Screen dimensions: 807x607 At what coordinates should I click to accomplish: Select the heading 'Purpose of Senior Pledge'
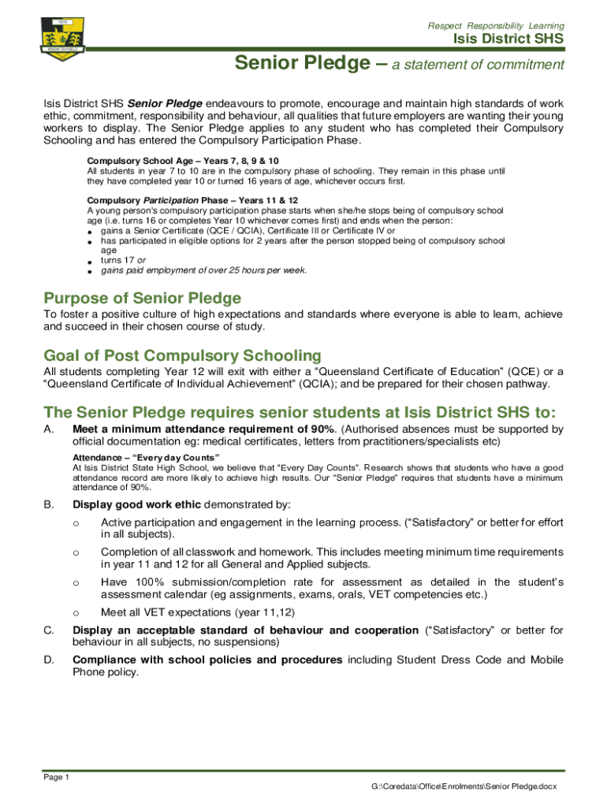(x=143, y=299)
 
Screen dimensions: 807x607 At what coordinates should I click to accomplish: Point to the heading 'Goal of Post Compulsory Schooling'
(x=182, y=355)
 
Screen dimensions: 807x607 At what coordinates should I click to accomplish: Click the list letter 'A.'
(x=49, y=430)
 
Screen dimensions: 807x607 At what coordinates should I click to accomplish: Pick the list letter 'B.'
(x=49, y=504)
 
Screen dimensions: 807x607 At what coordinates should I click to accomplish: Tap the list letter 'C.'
(x=49, y=630)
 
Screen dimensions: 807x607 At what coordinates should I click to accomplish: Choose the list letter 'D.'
(x=49, y=660)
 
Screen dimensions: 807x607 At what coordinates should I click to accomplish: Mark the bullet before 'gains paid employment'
(x=91, y=272)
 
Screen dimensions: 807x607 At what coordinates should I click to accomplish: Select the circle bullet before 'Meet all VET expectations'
(x=76, y=612)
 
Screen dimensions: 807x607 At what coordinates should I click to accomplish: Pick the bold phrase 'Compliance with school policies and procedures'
(x=207, y=660)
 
